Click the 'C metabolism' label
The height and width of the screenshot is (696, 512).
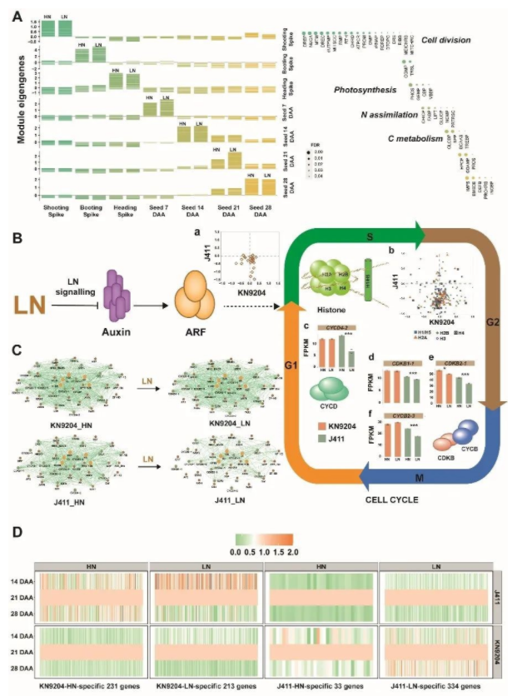pyautogui.click(x=415, y=140)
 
